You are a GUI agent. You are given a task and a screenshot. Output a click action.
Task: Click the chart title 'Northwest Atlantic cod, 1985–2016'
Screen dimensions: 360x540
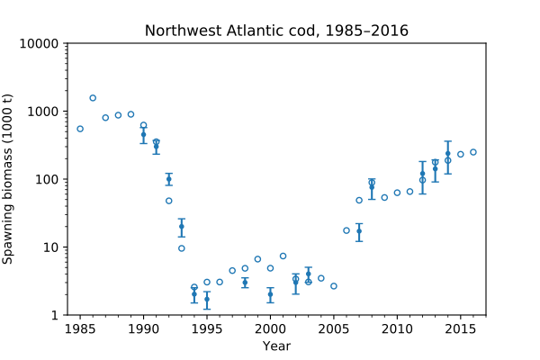tap(276, 31)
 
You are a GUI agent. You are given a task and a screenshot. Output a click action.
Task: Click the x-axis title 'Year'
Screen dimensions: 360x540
tap(276, 346)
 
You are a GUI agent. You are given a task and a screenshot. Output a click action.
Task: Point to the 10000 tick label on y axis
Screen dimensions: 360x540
tap(40, 44)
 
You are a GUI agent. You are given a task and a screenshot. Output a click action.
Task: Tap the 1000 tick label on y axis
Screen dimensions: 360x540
tap(44, 112)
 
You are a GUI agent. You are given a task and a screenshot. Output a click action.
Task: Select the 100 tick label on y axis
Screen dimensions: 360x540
tap(48, 180)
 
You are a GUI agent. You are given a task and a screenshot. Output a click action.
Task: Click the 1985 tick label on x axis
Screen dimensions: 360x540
tap(80, 328)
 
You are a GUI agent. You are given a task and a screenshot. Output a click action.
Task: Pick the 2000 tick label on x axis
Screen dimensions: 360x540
tap(270, 328)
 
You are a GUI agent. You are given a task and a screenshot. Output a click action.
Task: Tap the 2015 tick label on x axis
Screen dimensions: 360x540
tap(460, 328)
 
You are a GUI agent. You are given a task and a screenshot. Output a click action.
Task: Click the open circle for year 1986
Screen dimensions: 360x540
tap(93, 98)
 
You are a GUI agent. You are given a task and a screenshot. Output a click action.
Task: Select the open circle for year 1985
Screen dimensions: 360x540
tap(80, 129)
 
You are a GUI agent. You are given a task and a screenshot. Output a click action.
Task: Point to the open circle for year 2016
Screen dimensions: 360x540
tap(473, 152)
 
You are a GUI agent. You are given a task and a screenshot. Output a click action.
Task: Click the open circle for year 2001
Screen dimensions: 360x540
tap(283, 256)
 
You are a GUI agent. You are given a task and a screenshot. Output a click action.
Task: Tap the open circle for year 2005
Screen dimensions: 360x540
tap(334, 286)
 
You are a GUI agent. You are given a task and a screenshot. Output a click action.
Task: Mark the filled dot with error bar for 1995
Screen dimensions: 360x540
tap(207, 299)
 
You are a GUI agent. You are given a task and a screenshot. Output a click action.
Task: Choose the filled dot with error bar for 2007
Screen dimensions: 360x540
tap(359, 231)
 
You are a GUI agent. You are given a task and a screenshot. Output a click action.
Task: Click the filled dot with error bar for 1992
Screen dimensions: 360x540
tap(169, 179)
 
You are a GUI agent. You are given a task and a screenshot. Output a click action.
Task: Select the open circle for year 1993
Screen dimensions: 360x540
tap(182, 248)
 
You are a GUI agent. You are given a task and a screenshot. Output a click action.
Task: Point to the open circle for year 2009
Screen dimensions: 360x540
tap(384, 197)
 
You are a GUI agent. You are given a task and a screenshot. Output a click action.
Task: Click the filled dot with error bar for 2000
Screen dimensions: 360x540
tap(270, 294)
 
